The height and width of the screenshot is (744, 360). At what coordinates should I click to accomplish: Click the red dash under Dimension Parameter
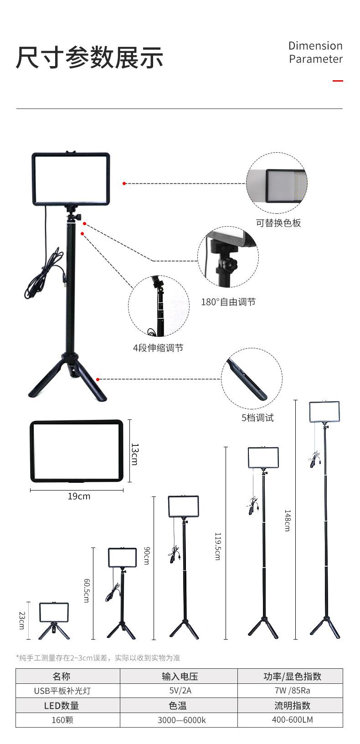337,81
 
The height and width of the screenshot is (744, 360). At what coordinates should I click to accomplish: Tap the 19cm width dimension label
79,496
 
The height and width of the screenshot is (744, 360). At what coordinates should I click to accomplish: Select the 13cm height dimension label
134,454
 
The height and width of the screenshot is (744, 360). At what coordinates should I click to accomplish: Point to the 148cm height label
287,520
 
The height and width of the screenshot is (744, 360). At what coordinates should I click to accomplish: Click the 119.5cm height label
217,546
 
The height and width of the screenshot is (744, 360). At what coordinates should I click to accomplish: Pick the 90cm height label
146,555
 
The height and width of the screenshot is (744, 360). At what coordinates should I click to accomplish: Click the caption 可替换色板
278,223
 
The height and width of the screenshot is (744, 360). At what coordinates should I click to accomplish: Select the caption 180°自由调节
228,302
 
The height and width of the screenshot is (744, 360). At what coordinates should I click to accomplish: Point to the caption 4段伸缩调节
158,348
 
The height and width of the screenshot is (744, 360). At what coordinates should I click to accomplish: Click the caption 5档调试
257,418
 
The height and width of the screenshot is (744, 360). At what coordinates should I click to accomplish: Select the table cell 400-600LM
292,720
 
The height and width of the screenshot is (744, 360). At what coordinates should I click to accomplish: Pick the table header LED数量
62,706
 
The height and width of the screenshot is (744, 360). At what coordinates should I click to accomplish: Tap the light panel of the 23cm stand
54,612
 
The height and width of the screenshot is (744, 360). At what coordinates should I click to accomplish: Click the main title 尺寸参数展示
90,58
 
